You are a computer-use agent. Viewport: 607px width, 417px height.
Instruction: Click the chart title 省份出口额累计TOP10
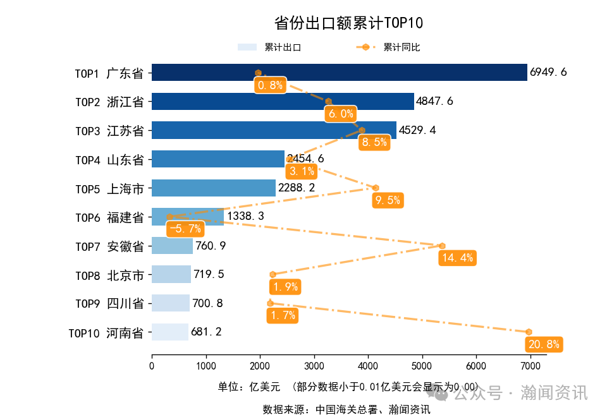[x=348, y=23]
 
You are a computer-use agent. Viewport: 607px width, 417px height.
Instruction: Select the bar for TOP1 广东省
[x=339, y=73]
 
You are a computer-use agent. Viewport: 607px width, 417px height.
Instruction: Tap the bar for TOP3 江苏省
[x=274, y=130]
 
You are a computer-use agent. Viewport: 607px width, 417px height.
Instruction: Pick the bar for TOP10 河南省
[x=170, y=332]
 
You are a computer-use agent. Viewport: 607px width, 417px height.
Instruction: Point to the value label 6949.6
[x=548, y=73]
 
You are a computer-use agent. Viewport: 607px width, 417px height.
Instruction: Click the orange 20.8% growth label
[x=543, y=344]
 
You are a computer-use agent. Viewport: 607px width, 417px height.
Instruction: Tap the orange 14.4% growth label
[x=457, y=258]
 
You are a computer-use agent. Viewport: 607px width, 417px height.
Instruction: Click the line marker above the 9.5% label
[x=376, y=188]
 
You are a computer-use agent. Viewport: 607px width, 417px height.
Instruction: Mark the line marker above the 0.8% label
[x=258, y=73]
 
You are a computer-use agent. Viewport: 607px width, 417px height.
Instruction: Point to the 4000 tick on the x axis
[x=368, y=365]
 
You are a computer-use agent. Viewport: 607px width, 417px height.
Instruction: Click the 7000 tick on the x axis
[x=530, y=365]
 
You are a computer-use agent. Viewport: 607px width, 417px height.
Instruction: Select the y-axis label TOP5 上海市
[x=109, y=188]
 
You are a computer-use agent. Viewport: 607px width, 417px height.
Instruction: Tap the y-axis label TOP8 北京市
[x=109, y=275]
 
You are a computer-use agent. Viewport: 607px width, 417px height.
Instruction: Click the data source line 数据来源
[x=346, y=409]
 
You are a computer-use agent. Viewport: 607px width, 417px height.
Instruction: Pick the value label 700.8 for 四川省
[x=207, y=303]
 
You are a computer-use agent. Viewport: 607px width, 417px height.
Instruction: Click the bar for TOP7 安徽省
[x=172, y=246]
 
